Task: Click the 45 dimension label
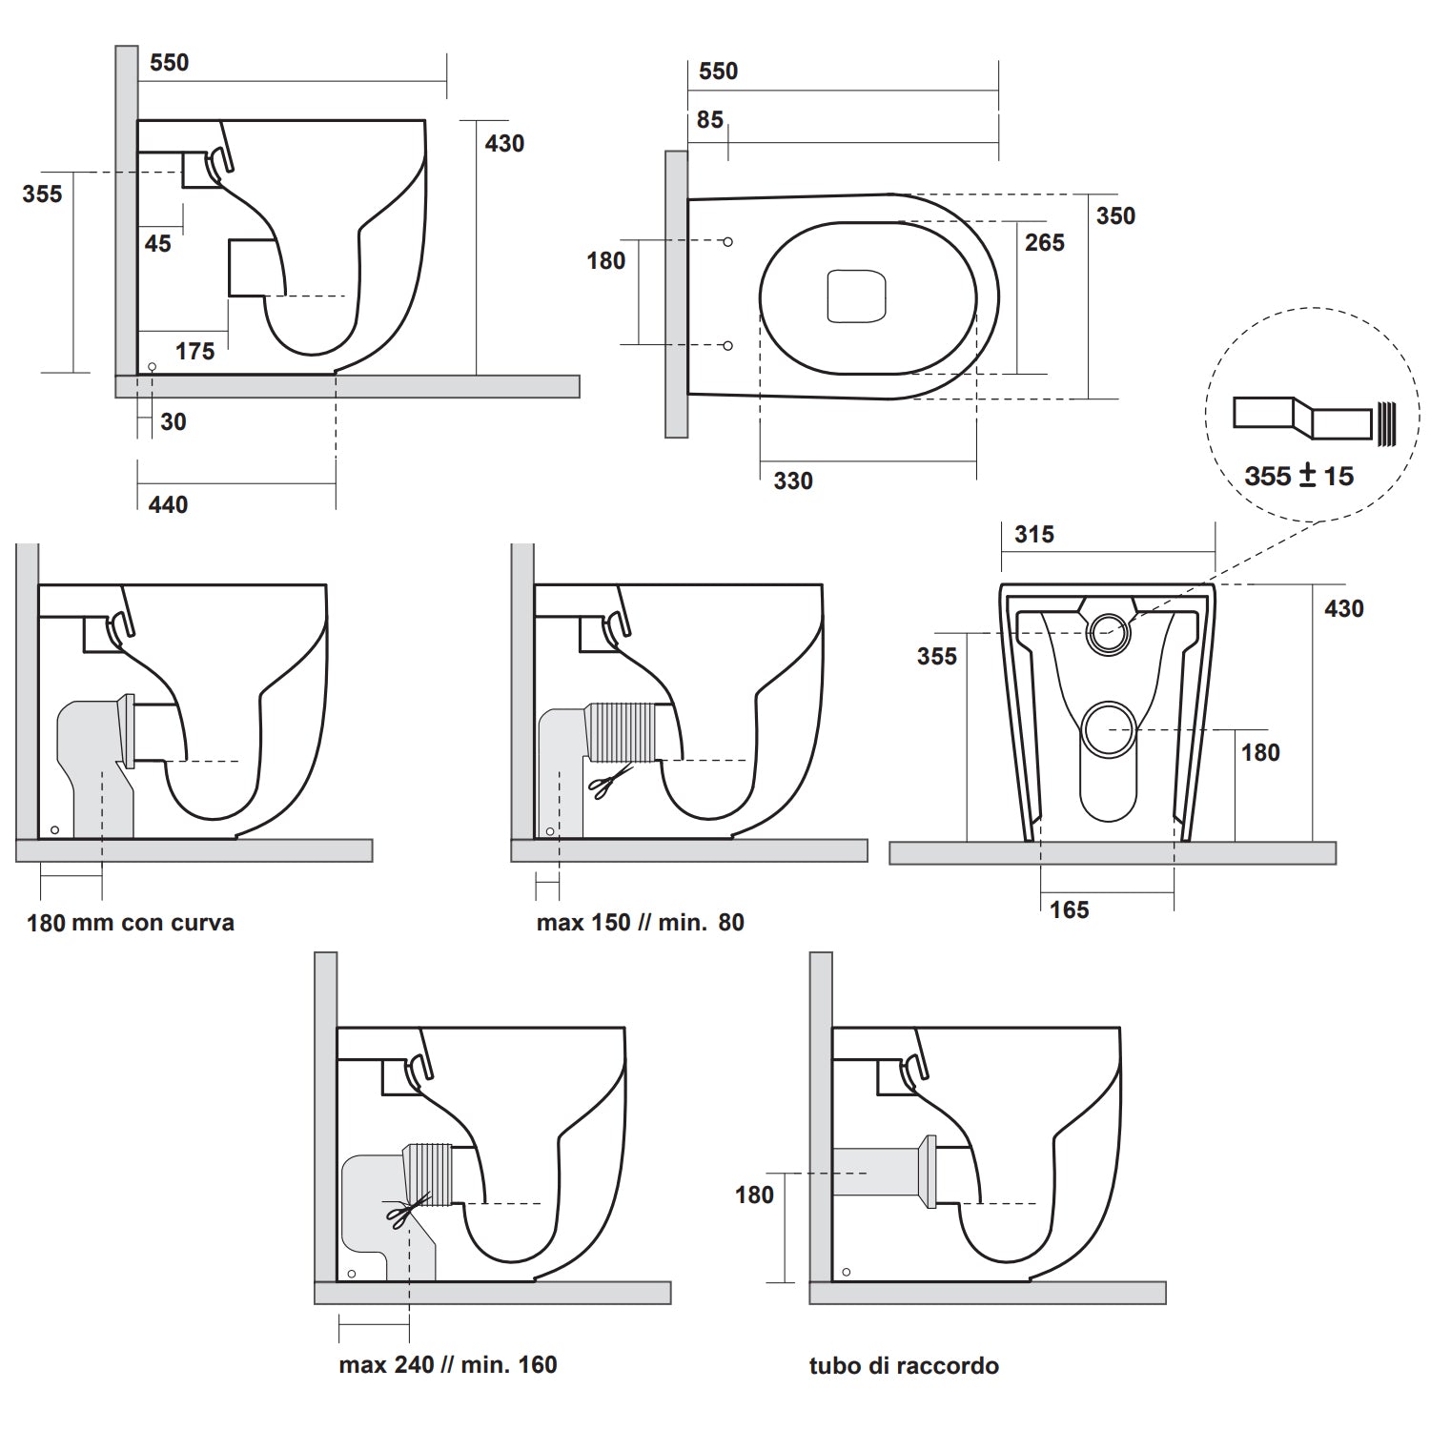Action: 158,244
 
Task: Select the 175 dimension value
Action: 194,352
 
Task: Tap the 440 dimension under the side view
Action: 168,504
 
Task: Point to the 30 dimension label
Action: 174,422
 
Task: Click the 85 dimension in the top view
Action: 709,120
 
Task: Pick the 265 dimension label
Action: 1044,243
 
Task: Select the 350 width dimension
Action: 1115,216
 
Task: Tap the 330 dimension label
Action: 793,481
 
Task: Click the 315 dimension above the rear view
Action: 1034,535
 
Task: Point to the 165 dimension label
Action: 1069,910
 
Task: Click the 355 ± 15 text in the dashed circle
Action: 1298,476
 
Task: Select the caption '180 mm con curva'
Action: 131,923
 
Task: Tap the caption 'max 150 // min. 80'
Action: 640,923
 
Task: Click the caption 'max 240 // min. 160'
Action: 447,1365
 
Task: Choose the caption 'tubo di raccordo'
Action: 904,1366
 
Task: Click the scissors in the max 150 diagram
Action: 606,783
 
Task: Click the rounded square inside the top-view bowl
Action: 856,296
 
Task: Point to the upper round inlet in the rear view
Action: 1108,632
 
